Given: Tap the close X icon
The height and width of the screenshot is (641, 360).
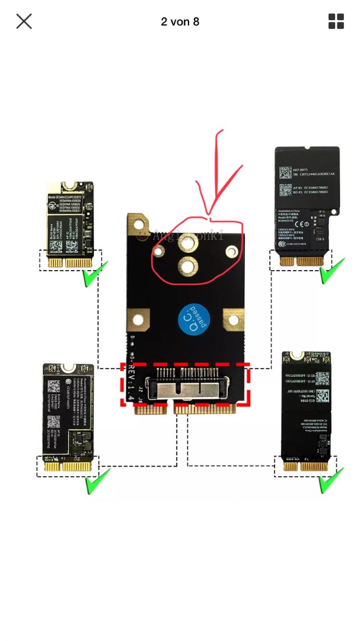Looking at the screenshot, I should click(x=24, y=21).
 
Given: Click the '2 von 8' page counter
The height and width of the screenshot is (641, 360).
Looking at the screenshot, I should click(x=180, y=22).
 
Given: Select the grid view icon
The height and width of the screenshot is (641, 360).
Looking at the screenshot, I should click(x=336, y=21).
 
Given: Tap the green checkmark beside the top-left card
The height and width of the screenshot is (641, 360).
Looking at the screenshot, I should click(x=94, y=275).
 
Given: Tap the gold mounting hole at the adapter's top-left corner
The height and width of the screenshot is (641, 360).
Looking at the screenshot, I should click(x=140, y=225).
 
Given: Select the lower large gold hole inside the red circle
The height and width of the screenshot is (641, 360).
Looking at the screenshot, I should click(x=188, y=266).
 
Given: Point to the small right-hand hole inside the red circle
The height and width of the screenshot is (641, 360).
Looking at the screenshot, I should click(x=231, y=252).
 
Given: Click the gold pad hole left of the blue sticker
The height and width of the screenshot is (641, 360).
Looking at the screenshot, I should click(x=138, y=320).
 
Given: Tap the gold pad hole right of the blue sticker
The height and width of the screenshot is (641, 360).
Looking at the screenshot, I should click(x=233, y=320).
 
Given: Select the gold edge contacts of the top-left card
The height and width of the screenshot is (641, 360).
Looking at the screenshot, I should click(x=69, y=262).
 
